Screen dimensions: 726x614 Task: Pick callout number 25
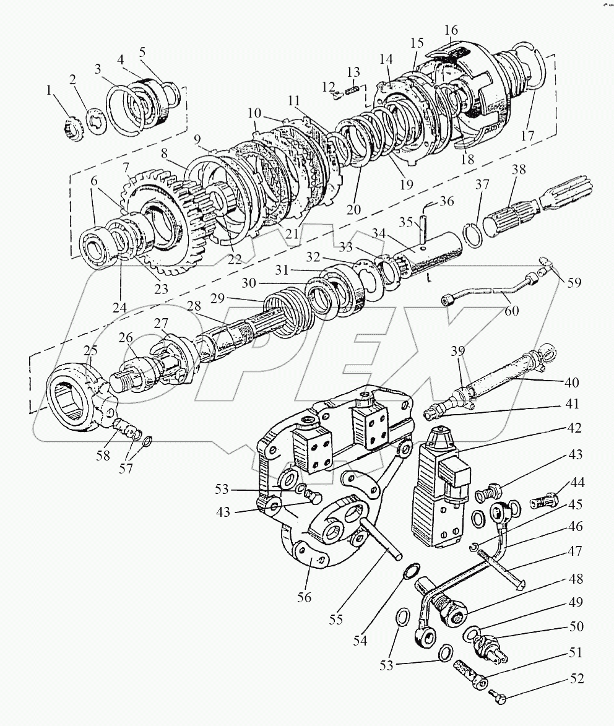click(x=91, y=351)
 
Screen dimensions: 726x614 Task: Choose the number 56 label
click(x=304, y=598)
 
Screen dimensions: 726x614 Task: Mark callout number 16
click(x=451, y=30)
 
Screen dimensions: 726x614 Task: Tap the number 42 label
click(x=576, y=428)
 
